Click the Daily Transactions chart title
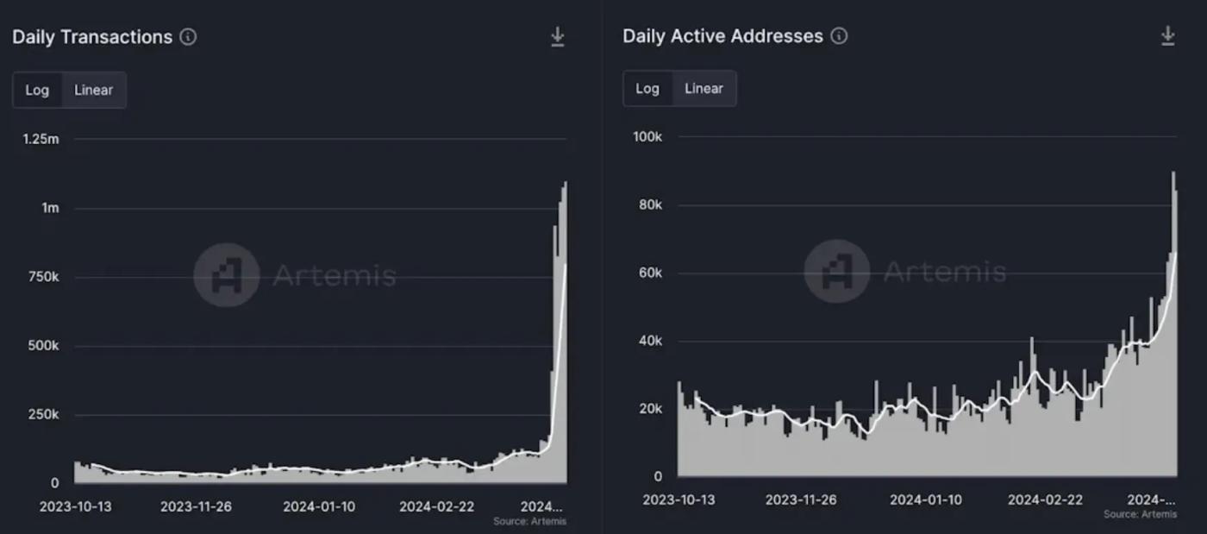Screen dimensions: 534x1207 [92, 37]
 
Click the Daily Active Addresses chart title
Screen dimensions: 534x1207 [722, 36]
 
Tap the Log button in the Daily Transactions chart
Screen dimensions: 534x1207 [37, 90]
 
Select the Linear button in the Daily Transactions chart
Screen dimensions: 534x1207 [93, 90]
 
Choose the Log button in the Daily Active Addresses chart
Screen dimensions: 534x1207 [647, 88]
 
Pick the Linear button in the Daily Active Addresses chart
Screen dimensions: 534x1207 [704, 88]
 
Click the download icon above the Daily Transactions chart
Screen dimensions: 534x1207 [558, 37]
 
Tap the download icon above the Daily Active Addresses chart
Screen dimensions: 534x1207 [1168, 35]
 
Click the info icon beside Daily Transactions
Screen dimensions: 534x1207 [188, 37]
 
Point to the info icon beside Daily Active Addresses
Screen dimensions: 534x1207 [839, 36]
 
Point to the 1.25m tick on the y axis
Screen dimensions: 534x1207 [41, 139]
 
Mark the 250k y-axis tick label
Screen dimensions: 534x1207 [42, 415]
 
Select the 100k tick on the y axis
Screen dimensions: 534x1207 [647, 136]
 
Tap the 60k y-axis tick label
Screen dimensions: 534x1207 [648, 273]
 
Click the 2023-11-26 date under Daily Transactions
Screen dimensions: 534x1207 [197, 506]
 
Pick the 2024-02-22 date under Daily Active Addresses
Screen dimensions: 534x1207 [1045, 499]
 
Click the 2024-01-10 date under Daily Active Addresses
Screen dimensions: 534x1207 [926, 499]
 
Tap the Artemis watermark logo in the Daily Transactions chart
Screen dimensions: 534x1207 [226, 275]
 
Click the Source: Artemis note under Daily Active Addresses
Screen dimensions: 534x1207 [1140, 514]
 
